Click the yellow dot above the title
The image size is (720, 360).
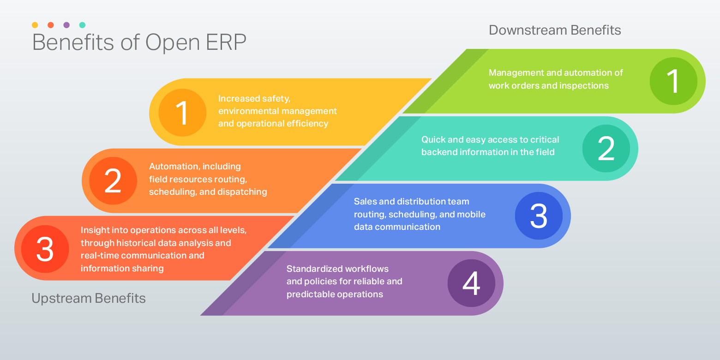tap(35, 25)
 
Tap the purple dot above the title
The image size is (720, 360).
tap(66, 25)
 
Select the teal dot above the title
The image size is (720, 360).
tap(82, 25)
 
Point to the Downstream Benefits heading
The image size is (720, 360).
tap(555, 30)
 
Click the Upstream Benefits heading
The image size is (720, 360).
tap(89, 299)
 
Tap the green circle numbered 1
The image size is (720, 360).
tap(673, 81)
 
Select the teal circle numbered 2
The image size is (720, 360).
tap(606, 149)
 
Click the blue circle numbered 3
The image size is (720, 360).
tap(539, 216)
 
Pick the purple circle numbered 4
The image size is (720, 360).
tap(471, 283)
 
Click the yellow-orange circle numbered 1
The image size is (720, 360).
tap(182, 113)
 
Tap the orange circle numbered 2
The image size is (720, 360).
tap(113, 180)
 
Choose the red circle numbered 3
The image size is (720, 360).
tap(45, 248)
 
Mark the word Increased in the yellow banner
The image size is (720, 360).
tap(239, 98)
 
